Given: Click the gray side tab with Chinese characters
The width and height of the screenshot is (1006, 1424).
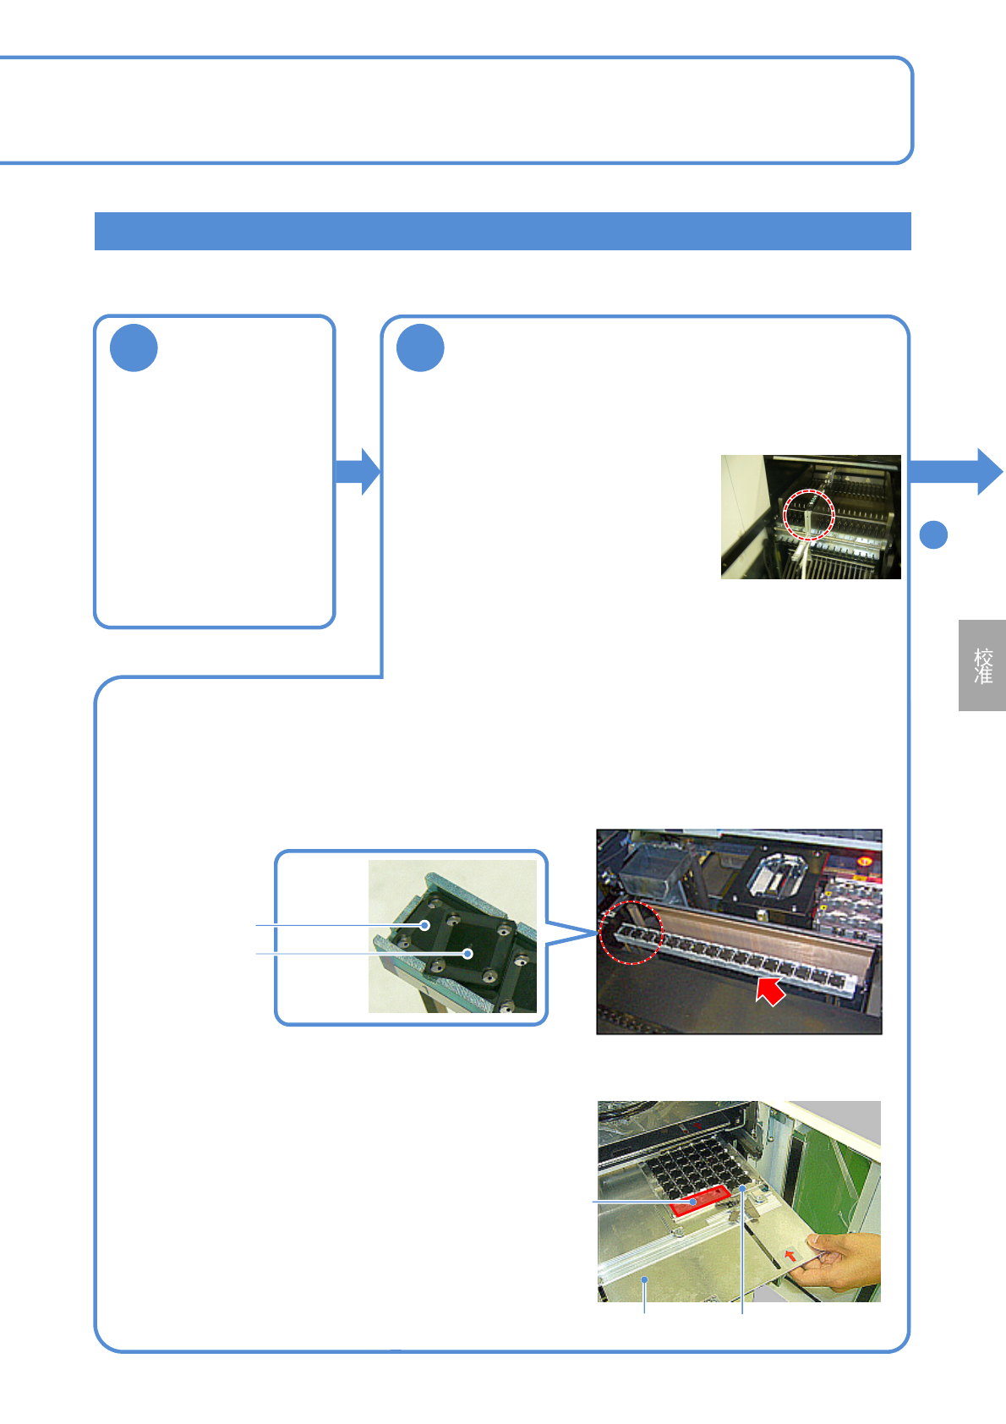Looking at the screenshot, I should (x=981, y=665).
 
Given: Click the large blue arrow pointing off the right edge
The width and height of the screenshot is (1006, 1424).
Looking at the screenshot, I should (x=955, y=472).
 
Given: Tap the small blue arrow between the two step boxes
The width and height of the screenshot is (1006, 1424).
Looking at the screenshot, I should (x=358, y=472).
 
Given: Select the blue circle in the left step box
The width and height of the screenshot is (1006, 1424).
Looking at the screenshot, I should (x=134, y=348).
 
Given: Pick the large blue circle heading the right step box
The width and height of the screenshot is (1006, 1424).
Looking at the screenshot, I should (x=420, y=348).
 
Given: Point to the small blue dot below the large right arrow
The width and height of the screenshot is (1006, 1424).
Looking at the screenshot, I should (x=933, y=534).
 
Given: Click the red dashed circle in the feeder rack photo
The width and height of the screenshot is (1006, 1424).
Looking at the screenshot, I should (x=809, y=513).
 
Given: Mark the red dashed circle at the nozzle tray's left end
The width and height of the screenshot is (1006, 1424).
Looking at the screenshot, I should (x=631, y=933).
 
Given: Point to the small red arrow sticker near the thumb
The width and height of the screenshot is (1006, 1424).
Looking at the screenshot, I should (x=790, y=1255).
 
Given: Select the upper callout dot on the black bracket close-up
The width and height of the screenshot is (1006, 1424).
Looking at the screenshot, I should (x=425, y=926).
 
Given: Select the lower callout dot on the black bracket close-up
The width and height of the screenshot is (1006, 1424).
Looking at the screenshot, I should (x=467, y=954).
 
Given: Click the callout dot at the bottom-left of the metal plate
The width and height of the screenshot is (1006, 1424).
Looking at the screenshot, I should (x=645, y=1280).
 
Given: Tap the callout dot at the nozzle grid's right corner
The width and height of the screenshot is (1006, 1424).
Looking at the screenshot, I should (x=743, y=1188).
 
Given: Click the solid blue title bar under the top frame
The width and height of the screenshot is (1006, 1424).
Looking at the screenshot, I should (x=502, y=231).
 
